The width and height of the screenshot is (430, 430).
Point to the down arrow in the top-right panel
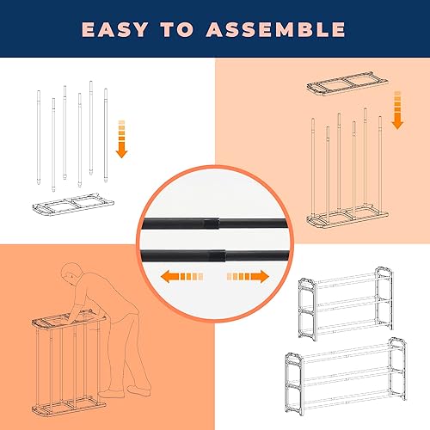click(x=396, y=109)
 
